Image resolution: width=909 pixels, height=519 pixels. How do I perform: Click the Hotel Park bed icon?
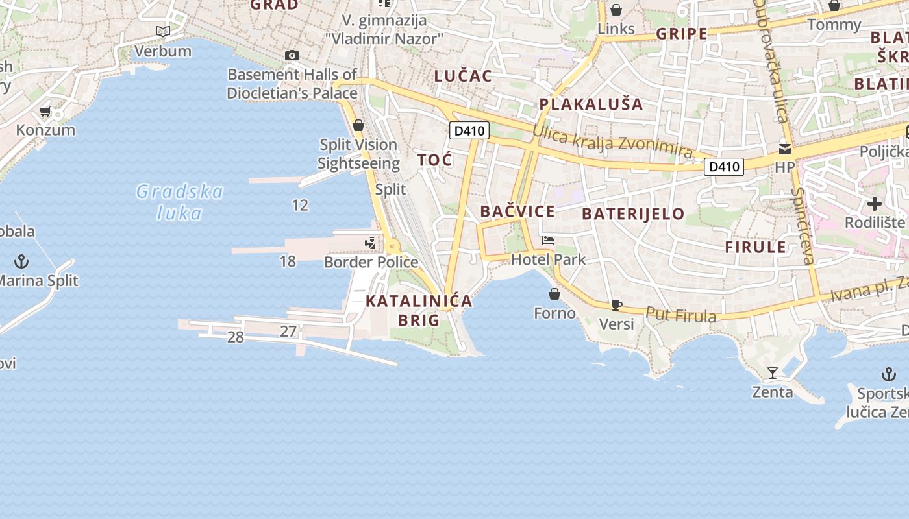[548, 241]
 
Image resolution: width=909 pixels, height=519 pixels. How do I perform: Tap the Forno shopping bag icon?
[554, 294]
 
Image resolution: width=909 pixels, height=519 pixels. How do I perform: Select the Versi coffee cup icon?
[616, 305]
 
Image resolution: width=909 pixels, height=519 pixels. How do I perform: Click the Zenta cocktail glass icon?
[773, 372]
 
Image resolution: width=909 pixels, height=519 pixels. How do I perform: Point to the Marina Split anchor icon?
[22, 261]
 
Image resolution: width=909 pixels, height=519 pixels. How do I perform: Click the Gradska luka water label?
[179, 202]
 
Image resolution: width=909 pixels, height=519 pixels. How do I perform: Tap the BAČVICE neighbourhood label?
[517, 211]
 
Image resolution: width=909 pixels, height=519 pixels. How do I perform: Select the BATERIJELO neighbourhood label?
[633, 213]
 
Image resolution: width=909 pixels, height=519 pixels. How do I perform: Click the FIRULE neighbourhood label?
[755, 247]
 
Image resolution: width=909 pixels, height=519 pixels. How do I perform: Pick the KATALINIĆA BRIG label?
[419, 310]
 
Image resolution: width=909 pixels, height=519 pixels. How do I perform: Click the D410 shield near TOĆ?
[469, 130]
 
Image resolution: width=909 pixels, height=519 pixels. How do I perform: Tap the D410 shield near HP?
[724, 167]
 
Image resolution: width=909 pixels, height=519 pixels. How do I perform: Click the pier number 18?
[288, 261]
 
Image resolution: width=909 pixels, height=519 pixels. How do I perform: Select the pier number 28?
[235, 337]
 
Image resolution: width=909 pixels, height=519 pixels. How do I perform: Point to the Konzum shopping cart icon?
[45, 112]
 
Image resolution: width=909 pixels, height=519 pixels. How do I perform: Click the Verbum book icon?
[162, 31]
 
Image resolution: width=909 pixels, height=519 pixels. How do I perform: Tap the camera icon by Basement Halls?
[292, 56]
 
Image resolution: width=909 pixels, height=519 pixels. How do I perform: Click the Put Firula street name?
[681, 315]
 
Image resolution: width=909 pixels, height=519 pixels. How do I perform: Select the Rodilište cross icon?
[875, 204]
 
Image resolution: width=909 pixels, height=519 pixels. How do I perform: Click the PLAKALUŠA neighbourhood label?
[591, 104]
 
